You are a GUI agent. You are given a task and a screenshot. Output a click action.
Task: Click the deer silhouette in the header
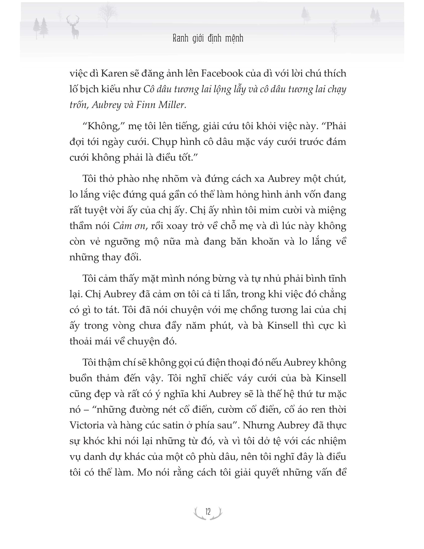[73, 28]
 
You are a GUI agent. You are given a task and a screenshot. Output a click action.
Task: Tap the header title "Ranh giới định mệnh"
[208, 39]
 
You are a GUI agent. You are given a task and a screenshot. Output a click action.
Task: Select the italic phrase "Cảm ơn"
[129, 226]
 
